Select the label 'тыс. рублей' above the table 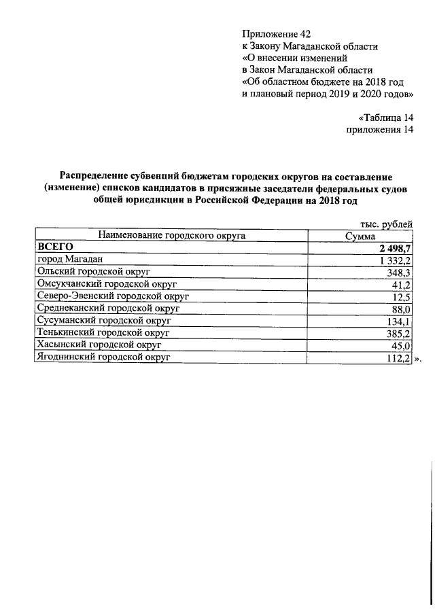click(x=385, y=224)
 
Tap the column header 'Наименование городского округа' click(x=171, y=236)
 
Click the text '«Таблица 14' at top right click(x=385, y=117)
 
